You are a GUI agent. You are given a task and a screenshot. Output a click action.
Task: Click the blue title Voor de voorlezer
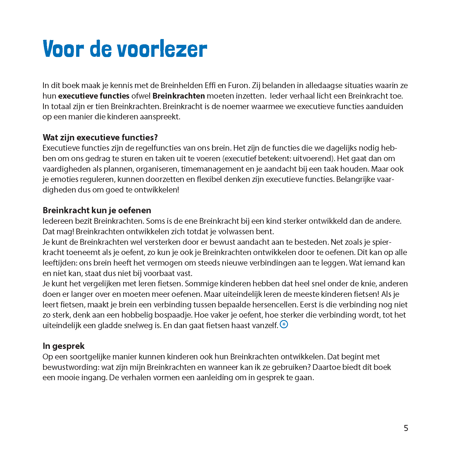125,49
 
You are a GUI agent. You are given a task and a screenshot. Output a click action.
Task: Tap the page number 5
406,428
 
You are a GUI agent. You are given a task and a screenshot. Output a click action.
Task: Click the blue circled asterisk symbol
284,324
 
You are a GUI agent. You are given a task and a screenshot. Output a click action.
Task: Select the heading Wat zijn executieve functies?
100,137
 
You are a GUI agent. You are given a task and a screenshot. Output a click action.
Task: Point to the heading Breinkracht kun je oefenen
97,210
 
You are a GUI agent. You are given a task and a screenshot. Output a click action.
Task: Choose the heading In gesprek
64,346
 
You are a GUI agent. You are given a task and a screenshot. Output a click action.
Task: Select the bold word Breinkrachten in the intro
179,96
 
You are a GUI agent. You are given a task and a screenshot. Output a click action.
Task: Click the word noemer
236,106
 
